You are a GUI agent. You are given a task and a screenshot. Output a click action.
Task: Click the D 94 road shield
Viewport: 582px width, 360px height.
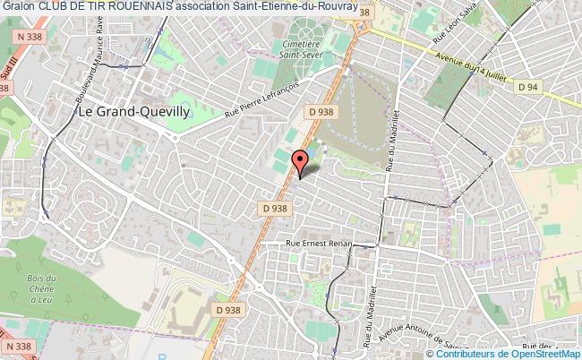(x=527, y=87)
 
